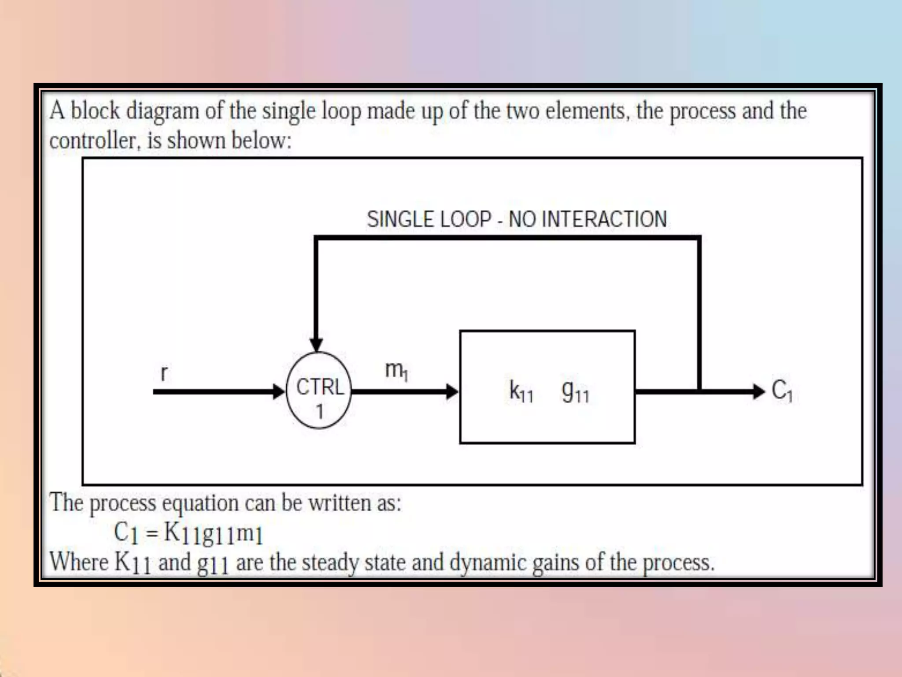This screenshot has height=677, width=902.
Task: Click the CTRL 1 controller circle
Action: [x=319, y=391]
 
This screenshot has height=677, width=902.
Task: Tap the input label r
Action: [x=164, y=373]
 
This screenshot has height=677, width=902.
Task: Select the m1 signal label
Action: [x=396, y=370]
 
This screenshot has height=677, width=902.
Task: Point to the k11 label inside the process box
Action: [x=521, y=391]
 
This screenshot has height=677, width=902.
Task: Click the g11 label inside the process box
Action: [x=575, y=391]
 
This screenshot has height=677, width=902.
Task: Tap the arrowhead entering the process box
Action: [x=452, y=391]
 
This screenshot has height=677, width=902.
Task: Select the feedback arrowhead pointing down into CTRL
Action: [x=316, y=344]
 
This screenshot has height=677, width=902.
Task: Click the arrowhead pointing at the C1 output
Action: [x=758, y=391]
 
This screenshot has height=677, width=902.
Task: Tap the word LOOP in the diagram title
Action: [x=466, y=219]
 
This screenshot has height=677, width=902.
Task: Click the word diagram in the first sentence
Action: [x=163, y=111]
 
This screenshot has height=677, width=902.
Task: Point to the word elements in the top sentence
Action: [x=585, y=111]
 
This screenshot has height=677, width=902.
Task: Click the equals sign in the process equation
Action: [x=152, y=534]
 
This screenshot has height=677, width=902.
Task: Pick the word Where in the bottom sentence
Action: [x=79, y=562]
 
